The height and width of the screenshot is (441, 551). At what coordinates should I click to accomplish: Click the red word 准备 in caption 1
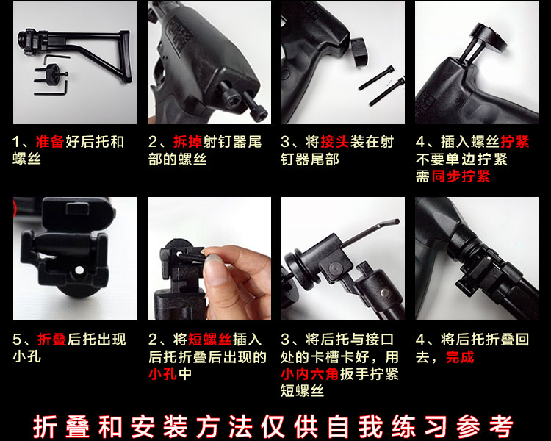coord(50,142)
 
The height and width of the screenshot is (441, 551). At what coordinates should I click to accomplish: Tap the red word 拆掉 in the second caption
coord(187,142)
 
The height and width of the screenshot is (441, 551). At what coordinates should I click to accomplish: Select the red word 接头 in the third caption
coord(334,142)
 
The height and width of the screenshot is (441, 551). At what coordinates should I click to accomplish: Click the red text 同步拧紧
coord(461,176)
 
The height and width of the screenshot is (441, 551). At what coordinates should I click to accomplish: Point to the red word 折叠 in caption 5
coord(52,340)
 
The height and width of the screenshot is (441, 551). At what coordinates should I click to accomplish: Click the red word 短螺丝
coord(210,340)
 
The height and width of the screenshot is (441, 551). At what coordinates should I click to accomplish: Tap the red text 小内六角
coord(310,374)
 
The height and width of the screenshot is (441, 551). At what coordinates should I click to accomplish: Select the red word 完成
coord(460,357)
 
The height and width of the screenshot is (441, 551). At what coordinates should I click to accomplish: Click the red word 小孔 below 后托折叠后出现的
coord(162,374)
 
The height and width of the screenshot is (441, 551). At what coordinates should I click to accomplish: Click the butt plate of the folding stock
coord(126,57)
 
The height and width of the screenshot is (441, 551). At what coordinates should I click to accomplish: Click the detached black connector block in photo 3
coord(359,51)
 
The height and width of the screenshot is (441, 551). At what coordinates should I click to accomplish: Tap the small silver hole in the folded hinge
coord(79,270)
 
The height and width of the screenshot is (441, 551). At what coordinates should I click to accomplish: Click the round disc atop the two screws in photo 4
coord(489,37)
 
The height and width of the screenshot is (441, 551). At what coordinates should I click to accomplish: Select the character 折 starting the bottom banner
coord(45,426)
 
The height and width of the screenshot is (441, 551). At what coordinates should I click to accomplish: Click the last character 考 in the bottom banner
coord(501,426)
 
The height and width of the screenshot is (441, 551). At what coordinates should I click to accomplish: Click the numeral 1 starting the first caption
coord(15,142)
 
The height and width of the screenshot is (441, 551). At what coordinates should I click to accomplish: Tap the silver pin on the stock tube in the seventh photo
coord(385,293)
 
